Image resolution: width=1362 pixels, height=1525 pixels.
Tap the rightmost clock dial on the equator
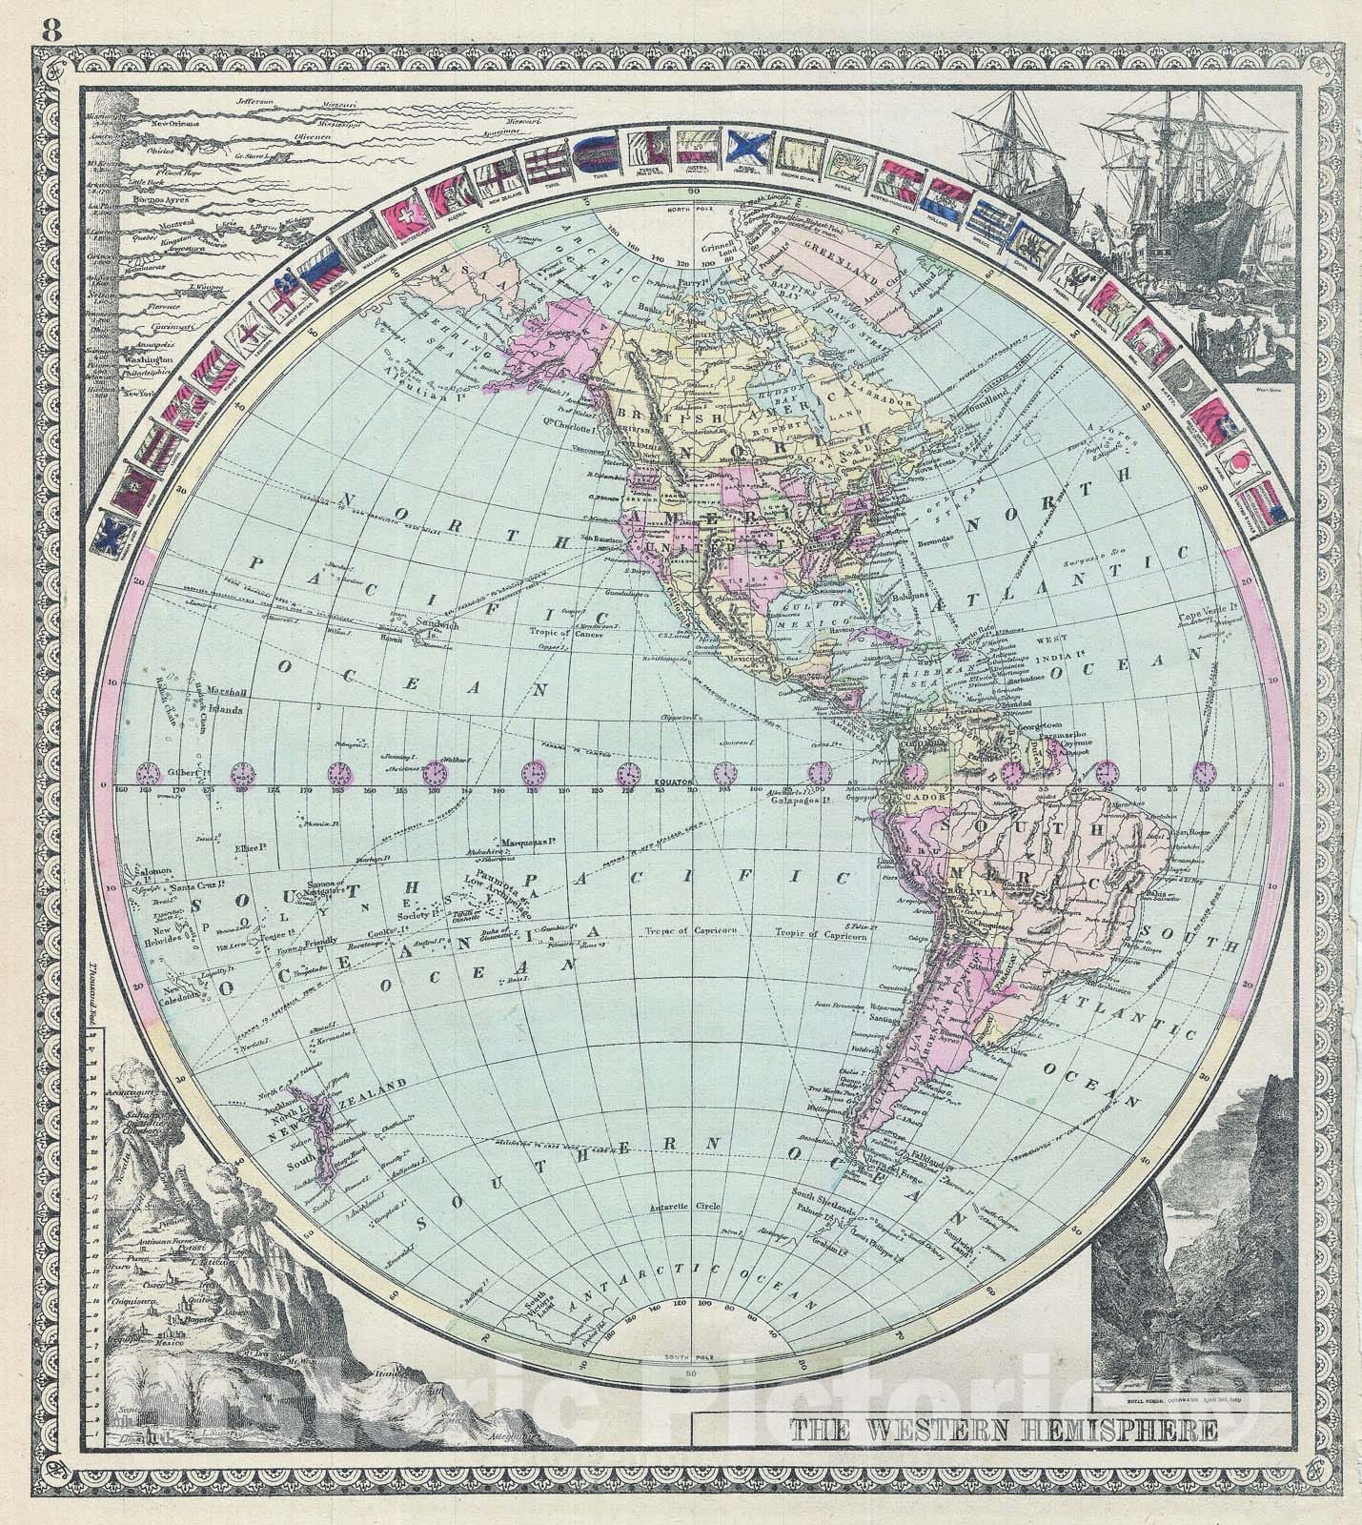pyautogui.click(x=1206, y=771)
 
